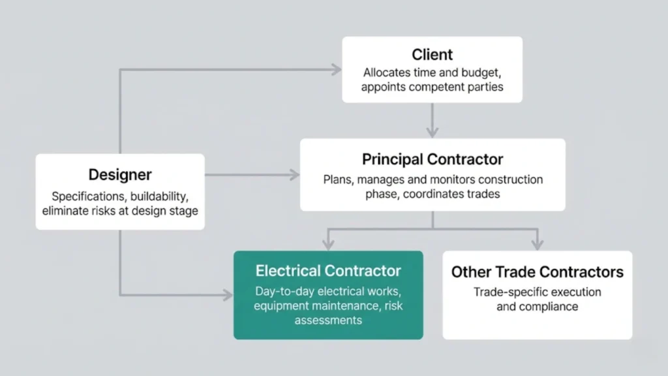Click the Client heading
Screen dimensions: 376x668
(433, 55)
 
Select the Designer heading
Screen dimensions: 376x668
(120, 174)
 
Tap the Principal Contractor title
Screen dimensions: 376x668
(433, 159)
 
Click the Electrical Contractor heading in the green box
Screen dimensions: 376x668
(328, 270)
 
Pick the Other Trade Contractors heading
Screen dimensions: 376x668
(537, 272)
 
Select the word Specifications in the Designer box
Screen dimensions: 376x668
(89, 196)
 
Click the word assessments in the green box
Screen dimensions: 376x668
(328, 321)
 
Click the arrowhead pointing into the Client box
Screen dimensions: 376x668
(337, 69)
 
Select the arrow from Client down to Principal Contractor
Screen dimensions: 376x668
(432, 121)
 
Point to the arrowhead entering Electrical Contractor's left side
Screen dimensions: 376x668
(228, 295)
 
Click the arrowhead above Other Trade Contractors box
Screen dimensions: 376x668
(537, 245)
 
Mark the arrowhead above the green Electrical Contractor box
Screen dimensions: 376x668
(327, 245)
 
